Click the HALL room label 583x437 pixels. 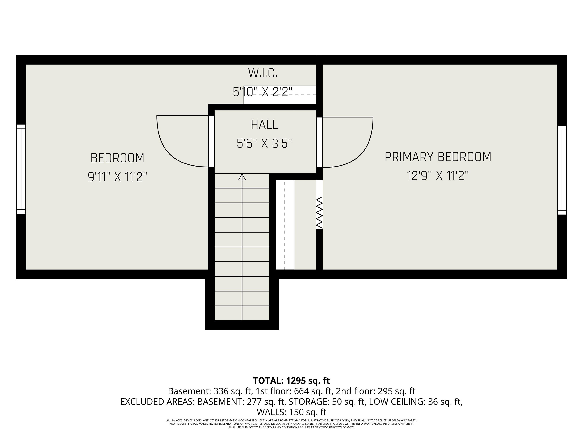tap(264, 125)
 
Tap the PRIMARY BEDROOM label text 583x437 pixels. tap(438, 157)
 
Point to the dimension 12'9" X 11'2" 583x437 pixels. tap(438, 176)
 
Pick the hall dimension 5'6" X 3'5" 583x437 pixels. tap(264, 144)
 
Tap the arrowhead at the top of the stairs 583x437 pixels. tap(242, 177)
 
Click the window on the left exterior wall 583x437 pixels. tap(21, 169)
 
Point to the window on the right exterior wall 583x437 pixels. tap(562, 170)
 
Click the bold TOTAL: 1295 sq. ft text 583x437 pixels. tap(291, 381)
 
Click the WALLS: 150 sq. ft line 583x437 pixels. tap(291, 412)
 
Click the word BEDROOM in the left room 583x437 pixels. tap(117, 158)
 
